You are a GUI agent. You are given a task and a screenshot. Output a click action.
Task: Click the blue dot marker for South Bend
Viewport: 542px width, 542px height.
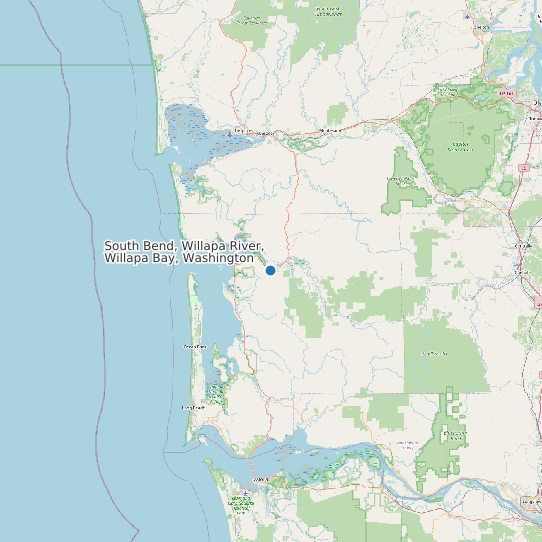270,270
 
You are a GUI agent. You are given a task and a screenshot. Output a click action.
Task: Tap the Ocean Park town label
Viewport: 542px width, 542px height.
195,346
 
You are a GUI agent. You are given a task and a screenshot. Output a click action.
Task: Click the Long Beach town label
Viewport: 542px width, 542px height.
193,408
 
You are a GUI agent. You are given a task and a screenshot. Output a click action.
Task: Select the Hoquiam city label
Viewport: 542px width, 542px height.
240,130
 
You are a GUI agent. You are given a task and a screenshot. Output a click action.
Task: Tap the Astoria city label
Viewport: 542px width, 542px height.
263,480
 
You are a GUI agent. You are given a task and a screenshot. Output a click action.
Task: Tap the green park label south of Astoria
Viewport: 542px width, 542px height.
238,502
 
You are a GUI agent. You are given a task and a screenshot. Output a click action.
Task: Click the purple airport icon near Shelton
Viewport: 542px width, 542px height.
469,17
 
